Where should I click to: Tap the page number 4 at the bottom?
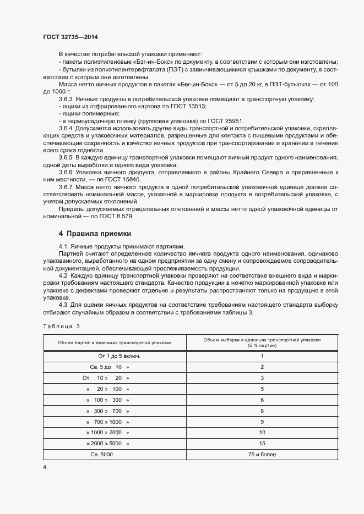(x=45, y=467)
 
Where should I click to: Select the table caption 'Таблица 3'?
(x=61, y=327)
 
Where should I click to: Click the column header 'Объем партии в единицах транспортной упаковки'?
(x=115, y=342)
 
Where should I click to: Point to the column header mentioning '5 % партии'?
(x=262, y=346)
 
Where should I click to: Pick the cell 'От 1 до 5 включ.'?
(x=115, y=356)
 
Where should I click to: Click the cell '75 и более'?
(x=262, y=455)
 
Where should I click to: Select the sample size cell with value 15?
(x=262, y=444)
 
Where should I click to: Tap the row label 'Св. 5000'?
(x=102, y=455)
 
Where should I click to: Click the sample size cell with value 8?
(x=262, y=411)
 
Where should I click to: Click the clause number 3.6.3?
(x=68, y=99)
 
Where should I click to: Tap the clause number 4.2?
(x=63, y=275)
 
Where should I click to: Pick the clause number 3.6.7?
(x=68, y=187)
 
